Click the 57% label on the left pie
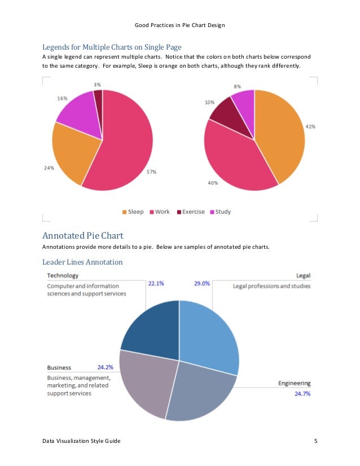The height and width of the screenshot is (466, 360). coord(151,172)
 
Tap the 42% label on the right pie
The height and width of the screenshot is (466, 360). coord(310,127)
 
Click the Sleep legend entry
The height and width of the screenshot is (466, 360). coord(133,212)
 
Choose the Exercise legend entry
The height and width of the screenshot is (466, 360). coord(190,212)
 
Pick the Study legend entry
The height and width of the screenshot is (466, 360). coord(220,212)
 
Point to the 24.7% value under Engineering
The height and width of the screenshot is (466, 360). coord(302,393)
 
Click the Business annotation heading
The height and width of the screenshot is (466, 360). coord(59,367)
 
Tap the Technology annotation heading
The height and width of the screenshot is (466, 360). coord(62,275)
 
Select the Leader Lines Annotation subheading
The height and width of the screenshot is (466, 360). coord(82,262)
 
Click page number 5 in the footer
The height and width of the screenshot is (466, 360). coord(315,440)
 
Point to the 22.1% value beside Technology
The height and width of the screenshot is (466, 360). coord(156,284)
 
